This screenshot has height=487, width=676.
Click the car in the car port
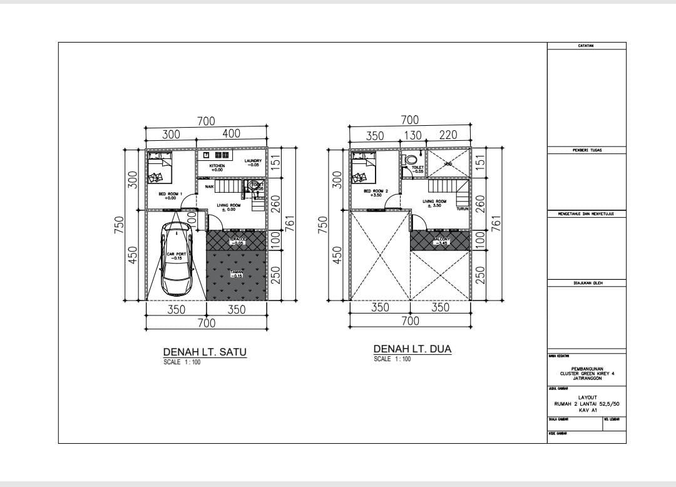click(176, 259)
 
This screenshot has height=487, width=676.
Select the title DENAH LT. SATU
click(205, 352)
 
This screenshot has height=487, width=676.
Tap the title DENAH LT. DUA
click(412, 349)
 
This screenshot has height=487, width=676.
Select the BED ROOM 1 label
click(170, 196)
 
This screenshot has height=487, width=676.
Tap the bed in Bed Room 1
click(160, 168)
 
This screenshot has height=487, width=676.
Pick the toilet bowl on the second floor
click(411, 160)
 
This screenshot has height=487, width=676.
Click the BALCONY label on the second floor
click(440, 240)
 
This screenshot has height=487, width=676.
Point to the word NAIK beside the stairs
click(209, 187)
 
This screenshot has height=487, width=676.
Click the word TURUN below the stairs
click(462, 209)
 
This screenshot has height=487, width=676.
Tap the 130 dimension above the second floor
click(412, 135)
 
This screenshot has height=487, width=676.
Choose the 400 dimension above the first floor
click(231, 134)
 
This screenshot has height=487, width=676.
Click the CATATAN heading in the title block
click(586, 46)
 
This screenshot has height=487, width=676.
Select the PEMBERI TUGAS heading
click(586, 150)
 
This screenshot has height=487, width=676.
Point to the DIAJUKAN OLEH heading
click(586, 283)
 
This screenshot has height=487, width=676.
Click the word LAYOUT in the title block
click(586, 397)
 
